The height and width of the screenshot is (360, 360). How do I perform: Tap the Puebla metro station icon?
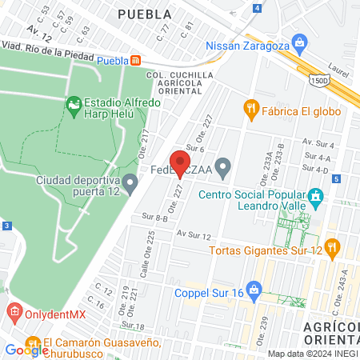coord(137,60)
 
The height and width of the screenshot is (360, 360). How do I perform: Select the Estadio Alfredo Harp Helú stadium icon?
coord(74,103)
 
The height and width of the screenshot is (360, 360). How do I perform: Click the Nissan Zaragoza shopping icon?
coord(300,41)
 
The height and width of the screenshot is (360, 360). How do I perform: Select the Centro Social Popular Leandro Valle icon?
coord(315,196)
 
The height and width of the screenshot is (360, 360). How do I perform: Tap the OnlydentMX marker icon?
coord(14,310)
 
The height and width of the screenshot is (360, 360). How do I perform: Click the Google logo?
coord(26,350)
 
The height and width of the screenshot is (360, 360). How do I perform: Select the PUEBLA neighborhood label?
coord(144,14)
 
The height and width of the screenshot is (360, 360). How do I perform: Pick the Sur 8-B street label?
coord(153,217)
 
